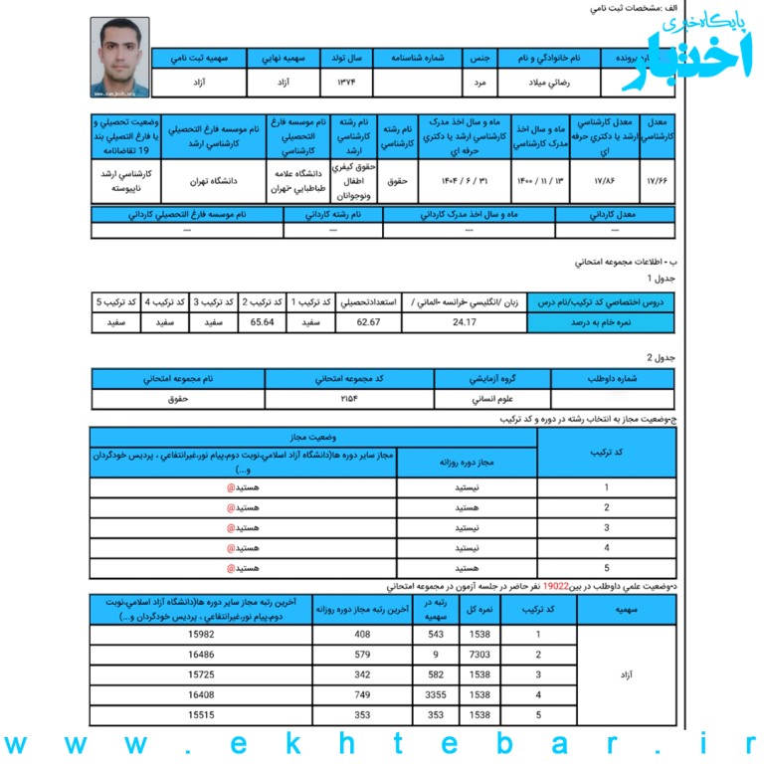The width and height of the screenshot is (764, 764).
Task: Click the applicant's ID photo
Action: click(x=119, y=57)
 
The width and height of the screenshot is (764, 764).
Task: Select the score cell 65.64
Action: click(x=263, y=322)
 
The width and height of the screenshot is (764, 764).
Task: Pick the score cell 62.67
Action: click(x=369, y=322)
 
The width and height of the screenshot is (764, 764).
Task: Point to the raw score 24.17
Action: click(x=465, y=322)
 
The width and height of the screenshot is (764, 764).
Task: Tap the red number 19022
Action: click(x=556, y=587)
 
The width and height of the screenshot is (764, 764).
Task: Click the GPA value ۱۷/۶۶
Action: click(x=658, y=183)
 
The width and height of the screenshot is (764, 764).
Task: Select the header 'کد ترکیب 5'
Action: click(x=114, y=301)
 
